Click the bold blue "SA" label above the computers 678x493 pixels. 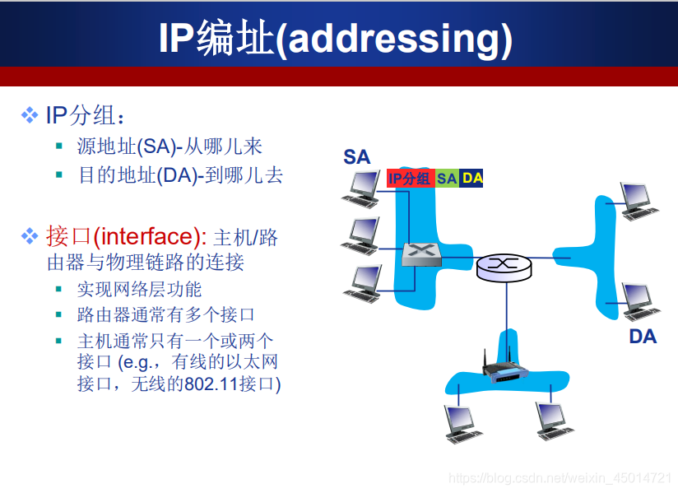point(356,156)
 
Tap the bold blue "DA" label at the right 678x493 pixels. point(643,336)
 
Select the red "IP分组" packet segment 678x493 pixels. point(410,178)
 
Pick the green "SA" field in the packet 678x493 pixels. point(447,178)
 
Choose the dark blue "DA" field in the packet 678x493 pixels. point(472,178)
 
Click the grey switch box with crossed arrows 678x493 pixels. point(421,254)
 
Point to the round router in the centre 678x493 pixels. point(504,265)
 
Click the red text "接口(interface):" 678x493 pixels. point(127,237)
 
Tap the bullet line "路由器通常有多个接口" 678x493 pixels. point(165,314)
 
